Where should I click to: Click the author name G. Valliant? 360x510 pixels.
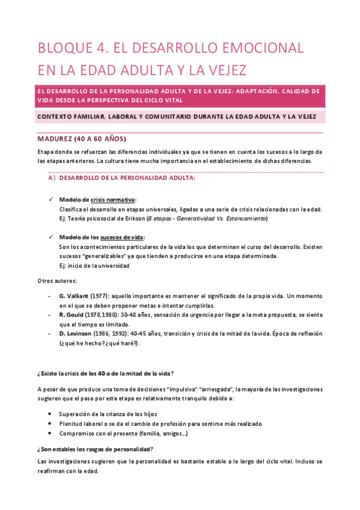[74, 296]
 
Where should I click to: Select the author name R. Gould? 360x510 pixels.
[72, 315]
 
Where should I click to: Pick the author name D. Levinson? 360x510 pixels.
[76, 333]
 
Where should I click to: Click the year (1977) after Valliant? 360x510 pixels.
[100, 296]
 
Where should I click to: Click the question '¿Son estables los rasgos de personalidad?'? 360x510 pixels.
[95, 449]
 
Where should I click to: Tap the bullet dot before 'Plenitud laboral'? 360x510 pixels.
[48, 423]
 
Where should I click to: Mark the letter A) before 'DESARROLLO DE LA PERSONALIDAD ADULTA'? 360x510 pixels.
[51, 178]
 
